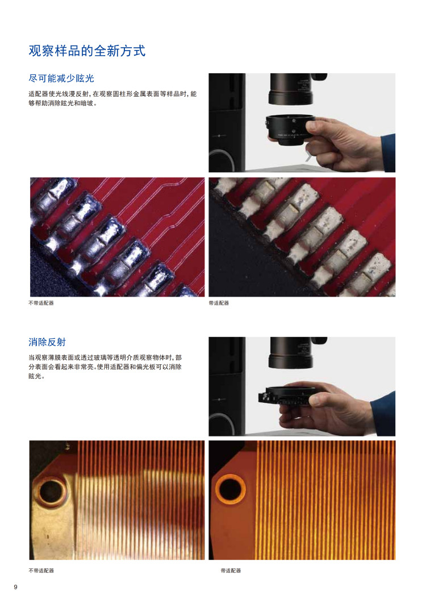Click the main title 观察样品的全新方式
tap(87, 51)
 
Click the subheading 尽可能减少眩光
tap(61, 78)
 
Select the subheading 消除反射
tap(47, 342)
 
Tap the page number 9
tap(15, 587)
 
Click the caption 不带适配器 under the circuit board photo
tap(41, 303)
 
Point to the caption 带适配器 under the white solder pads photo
tap(219, 303)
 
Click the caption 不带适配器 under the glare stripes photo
tap(41, 571)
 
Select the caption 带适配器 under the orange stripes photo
tap(231, 571)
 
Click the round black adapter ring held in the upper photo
tap(289, 130)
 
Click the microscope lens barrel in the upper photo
tap(291, 89)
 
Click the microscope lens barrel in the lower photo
tap(291, 352)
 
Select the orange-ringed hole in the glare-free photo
tap(230, 489)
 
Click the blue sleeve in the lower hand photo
tap(384, 414)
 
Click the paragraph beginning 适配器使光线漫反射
tap(112, 98)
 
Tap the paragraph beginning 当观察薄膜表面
tap(105, 367)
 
